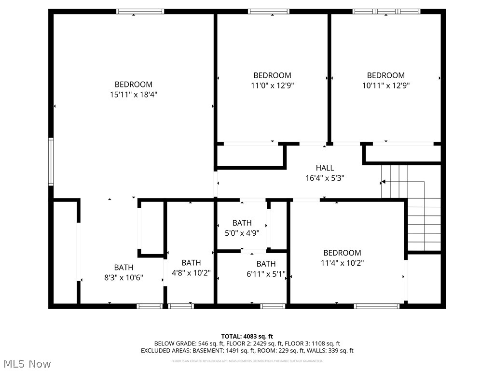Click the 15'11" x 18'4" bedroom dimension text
pos(134,95)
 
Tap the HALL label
pos(325,168)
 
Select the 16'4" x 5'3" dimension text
pos(325,178)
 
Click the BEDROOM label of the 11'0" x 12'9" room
pos(272,75)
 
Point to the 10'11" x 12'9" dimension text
pos(386,86)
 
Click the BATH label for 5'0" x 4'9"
pos(242,223)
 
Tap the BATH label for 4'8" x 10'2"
pos(191,263)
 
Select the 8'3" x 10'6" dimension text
pos(123,277)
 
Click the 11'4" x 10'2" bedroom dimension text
pos(342,263)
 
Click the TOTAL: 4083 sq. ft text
pos(247,336)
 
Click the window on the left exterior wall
pos(51,161)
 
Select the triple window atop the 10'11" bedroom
pos(386,11)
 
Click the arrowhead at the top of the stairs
pos(383,183)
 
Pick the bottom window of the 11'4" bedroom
pos(377,306)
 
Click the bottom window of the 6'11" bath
pos(273,306)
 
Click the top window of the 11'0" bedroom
pos(269,11)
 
